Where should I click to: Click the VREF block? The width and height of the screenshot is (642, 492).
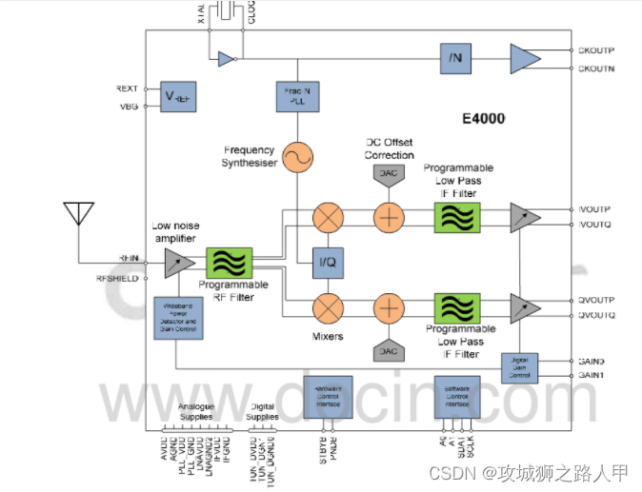click(x=178, y=97)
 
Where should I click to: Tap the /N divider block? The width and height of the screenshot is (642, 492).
click(x=455, y=58)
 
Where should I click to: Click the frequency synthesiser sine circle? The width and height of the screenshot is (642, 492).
click(x=299, y=157)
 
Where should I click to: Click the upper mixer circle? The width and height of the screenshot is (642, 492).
click(x=329, y=217)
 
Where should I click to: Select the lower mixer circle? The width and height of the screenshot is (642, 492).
click(x=329, y=308)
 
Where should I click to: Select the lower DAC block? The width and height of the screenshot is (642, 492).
click(x=389, y=349)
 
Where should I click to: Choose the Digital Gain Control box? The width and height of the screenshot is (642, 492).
click(x=519, y=366)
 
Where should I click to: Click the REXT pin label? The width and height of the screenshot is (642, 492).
click(x=128, y=89)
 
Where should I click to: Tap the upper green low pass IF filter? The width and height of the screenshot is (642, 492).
click(x=457, y=217)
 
